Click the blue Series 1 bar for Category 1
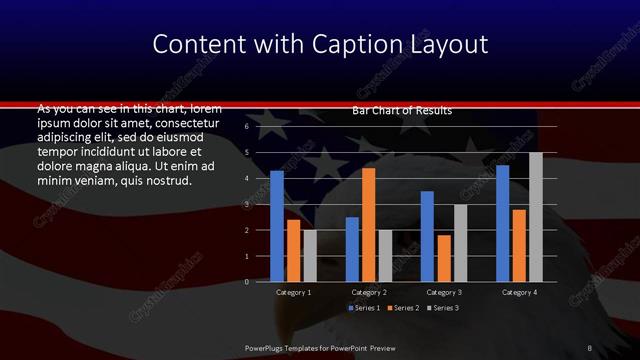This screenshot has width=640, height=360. pyautogui.click(x=277, y=226)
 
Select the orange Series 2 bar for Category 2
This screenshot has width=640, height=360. pyautogui.click(x=369, y=225)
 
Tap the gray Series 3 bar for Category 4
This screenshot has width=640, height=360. pyautogui.click(x=536, y=217)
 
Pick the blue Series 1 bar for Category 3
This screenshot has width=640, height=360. pyautogui.click(x=427, y=236)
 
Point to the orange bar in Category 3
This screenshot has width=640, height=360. pyautogui.click(x=444, y=258)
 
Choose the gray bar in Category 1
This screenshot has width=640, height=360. pyautogui.click(x=310, y=256)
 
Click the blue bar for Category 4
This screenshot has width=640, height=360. pyautogui.click(x=502, y=223)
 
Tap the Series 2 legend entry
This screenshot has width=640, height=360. pyautogui.click(x=402, y=308)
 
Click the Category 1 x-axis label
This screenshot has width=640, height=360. pyautogui.click(x=293, y=292)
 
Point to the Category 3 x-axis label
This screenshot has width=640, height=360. pyautogui.click(x=444, y=292)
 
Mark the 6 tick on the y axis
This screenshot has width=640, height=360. pyautogui.click(x=246, y=127)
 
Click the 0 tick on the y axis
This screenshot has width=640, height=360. pyautogui.click(x=246, y=282)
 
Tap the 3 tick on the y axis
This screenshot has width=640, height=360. pyautogui.click(x=246, y=204)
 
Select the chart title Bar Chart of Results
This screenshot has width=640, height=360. pyautogui.click(x=402, y=110)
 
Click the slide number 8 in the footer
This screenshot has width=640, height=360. pyautogui.click(x=589, y=346)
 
